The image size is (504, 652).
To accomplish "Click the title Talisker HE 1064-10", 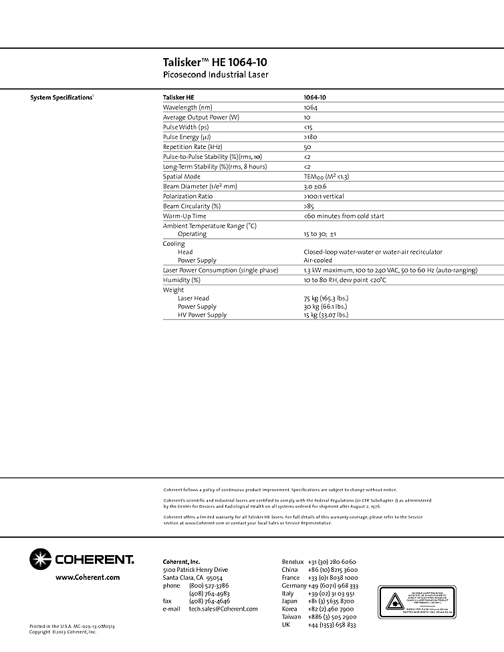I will (x=215, y=62).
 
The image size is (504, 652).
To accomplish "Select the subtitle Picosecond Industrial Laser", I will (x=215, y=75).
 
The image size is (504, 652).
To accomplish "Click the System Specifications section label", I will (x=61, y=98).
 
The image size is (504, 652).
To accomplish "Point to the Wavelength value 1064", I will (x=310, y=107).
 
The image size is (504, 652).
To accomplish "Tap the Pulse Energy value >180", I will (x=311, y=137).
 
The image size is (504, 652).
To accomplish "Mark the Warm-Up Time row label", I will (x=184, y=216).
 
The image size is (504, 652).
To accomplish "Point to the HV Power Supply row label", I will (x=202, y=315).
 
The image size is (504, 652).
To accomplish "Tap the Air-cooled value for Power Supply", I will (x=318, y=260).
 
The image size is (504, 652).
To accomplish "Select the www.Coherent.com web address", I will (x=88, y=577).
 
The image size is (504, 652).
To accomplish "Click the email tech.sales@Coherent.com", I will (x=223, y=609).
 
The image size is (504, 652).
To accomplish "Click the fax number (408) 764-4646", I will (x=209, y=601).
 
